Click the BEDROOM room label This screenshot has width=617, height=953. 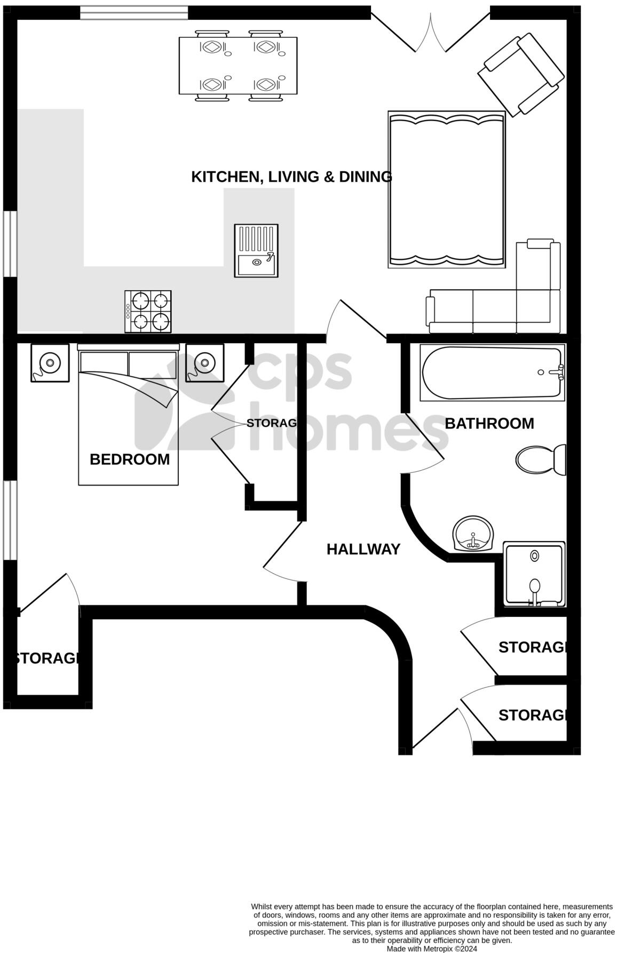[x=129, y=459]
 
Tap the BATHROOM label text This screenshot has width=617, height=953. [x=489, y=423]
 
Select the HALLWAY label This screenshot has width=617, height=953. [x=363, y=549]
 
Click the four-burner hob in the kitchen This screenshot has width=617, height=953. [x=148, y=312]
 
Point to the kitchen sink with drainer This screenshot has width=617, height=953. [x=256, y=250]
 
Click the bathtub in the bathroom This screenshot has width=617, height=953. [x=492, y=372]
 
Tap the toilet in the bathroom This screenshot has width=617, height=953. [x=540, y=458]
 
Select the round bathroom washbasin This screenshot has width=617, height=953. [x=473, y=534]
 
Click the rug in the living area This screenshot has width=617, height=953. [x=446, y=189]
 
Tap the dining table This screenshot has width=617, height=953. [x=238, y=66]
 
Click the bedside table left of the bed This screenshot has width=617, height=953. [x=50, y=363]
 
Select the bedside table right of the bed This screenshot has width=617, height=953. [x=204, y=363]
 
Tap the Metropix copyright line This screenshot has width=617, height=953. [x=432, y=949]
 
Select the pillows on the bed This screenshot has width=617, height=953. [x=128, y=365]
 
